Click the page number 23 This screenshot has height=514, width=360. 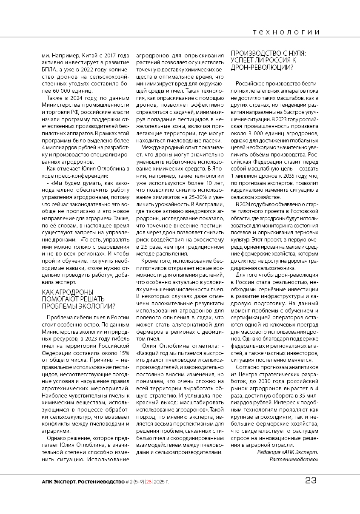[311, 481]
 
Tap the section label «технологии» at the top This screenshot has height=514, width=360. [286, 32]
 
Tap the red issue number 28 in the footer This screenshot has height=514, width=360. [149, 482]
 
